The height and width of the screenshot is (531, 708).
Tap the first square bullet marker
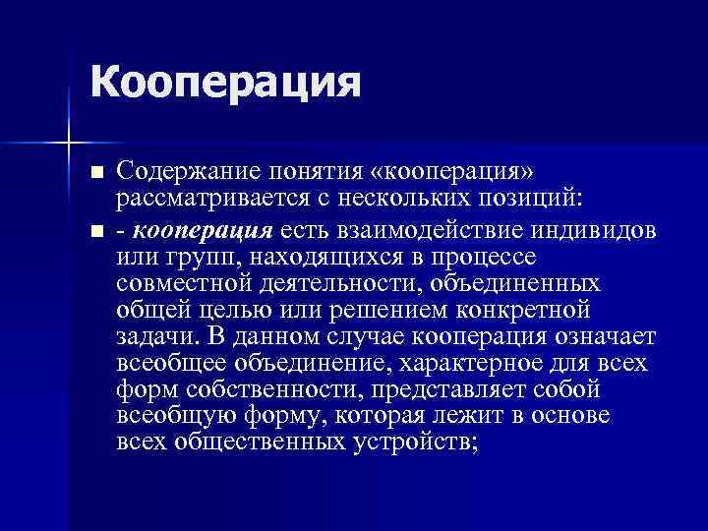[95, 173]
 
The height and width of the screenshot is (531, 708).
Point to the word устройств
[413, 442]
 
